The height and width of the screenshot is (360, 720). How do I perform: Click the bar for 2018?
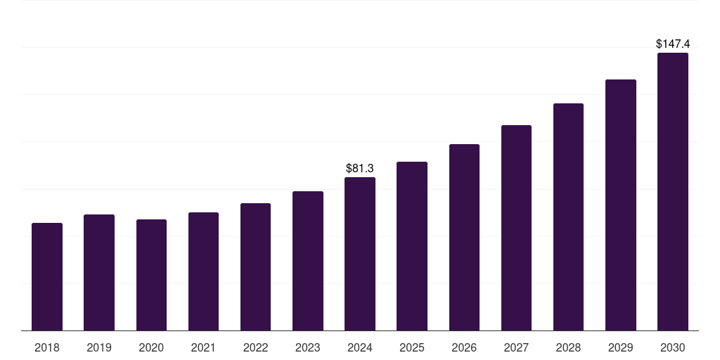(x=47, y=277)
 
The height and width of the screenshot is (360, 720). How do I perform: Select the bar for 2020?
(x=151, y=275)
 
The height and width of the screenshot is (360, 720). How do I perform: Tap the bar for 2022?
(x=255, y=267)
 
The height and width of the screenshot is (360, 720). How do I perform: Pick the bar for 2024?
(x=360, y=254)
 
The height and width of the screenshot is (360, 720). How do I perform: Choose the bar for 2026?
(x=464, y=238)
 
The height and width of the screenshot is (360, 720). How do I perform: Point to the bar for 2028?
(x=568, y=217)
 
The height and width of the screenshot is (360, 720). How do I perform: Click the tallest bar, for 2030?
(x=672, y=192)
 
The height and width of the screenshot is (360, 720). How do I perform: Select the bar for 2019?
(x=99, y=273)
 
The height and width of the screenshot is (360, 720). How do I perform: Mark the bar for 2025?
(x=412, y=246)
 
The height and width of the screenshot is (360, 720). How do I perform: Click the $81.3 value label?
(x=360, y=169)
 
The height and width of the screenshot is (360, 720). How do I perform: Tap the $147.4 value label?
(x=672, y=44)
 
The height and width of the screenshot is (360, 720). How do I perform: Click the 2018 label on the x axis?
(x=47, y=347)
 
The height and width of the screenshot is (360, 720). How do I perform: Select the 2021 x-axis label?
(x=203, y=347)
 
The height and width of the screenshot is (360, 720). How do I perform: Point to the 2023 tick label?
(x=308, y=347)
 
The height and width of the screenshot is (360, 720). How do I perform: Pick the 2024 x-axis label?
(x=360, y=347)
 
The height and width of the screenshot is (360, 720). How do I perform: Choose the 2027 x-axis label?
(x=516, y=347)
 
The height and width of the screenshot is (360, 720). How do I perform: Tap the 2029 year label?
(x=620, y=347)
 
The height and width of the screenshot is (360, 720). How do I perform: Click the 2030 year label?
(x=672, y=347)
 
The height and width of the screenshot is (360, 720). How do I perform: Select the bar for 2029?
(x=620, y=205)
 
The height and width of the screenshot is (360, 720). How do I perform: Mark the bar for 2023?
(x=308, y=261)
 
